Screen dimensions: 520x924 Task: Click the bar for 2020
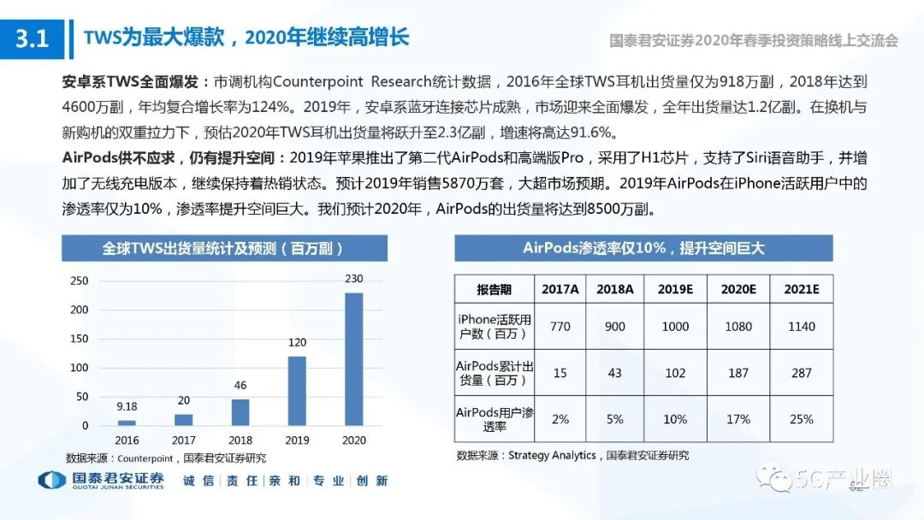[353, 359]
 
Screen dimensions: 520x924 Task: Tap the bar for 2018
[240, 412]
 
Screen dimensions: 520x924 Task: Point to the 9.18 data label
[127, 406]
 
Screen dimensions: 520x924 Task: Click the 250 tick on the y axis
[79, 281]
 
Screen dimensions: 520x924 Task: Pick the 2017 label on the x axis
[183, 440]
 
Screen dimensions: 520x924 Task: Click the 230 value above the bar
[353, 279]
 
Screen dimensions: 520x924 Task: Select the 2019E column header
[675, 289]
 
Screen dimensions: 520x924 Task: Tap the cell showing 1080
[738, 326]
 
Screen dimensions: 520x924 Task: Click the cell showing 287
[802, 372]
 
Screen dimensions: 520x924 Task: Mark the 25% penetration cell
[802, 419]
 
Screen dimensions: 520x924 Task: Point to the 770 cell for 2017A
[560, 326]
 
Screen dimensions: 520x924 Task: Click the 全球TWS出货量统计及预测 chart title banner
[223, 248]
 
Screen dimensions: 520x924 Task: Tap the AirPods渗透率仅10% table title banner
[643, 248]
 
